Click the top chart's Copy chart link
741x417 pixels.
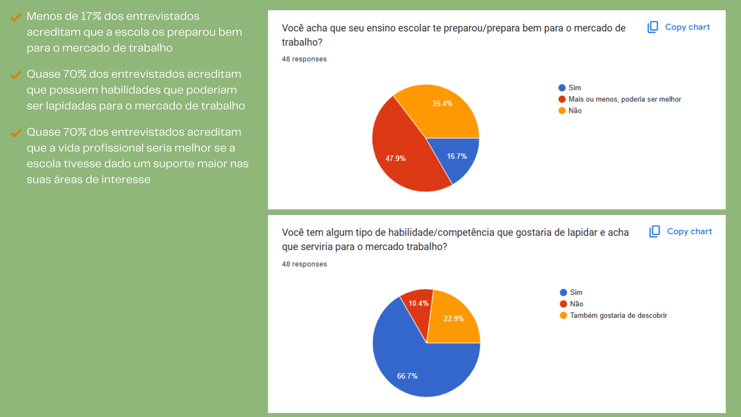(687, 27)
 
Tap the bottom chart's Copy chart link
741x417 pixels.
(689, 231)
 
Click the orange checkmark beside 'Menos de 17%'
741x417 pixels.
(16, 17)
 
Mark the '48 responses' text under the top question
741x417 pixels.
(304, 59)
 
